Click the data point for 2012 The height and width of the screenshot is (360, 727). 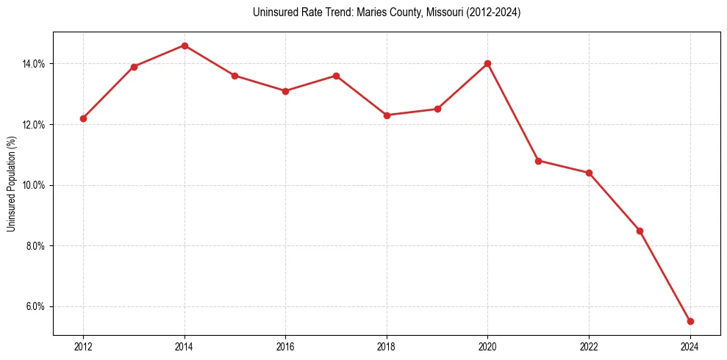pos(83,118)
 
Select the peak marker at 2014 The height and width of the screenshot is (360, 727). pos(185,46)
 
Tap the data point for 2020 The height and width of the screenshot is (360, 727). pos(487,63)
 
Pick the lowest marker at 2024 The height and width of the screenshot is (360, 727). pos(690,321)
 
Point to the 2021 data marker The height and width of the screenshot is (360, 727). pos(538,160)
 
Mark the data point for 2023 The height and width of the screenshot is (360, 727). pos(640,231)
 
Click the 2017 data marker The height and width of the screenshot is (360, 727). pos(336,76)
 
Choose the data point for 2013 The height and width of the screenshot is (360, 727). pos(134,67)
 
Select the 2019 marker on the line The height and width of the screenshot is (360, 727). pos(437,109)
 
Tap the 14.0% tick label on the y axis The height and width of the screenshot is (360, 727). pos(34,64)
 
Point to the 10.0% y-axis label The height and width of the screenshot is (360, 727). pos(34,185)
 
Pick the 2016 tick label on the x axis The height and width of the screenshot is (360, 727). pos(285,347)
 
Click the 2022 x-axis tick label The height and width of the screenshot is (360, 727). pos(589,347)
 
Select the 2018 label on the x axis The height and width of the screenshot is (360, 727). pos(387,347)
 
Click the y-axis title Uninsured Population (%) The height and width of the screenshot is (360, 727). pos(12,184)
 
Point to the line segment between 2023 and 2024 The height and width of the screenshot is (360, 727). pos(665,276)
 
